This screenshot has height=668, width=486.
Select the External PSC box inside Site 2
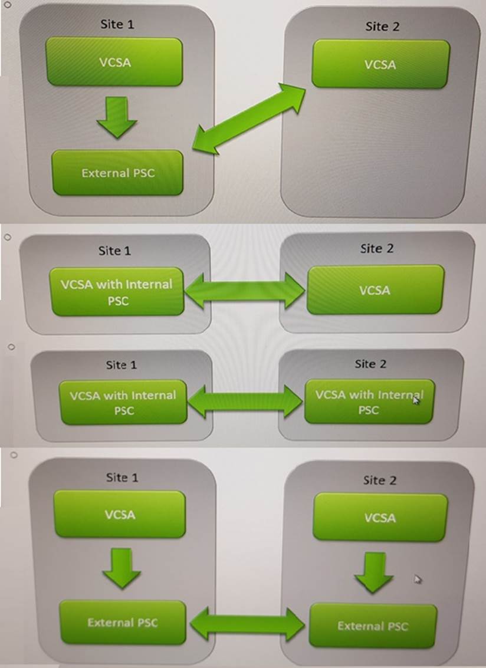(x=373, y=625)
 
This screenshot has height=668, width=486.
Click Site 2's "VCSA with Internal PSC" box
(x=369, y=402)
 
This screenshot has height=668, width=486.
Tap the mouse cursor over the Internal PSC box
(x=416, y=400)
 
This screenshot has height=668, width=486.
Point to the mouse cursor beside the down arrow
(x=418, y=579)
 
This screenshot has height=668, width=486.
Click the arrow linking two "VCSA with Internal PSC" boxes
(x=245, y=403)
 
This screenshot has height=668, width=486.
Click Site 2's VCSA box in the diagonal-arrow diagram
(x=380, y=64)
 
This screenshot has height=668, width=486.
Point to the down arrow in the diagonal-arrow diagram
(x=117, y=117)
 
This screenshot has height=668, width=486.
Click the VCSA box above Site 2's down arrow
(x=380, y=517)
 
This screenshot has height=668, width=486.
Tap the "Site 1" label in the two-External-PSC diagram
(x=121, y=477)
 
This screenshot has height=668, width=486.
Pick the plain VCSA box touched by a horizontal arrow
(x=375, y=290)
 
